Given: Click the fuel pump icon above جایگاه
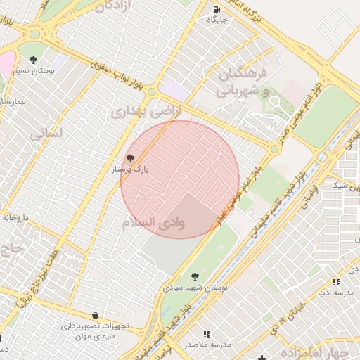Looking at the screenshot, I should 214,9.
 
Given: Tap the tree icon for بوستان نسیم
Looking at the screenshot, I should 34,59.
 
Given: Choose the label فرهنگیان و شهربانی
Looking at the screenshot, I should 243,82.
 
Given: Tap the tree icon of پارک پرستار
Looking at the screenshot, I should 129,159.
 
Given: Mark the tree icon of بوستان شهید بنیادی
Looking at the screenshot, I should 194,276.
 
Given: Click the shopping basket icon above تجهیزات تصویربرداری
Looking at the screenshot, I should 95,315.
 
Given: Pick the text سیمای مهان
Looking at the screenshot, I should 97,337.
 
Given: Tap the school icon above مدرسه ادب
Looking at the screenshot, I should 336,281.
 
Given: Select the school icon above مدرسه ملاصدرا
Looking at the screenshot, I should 206,333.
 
